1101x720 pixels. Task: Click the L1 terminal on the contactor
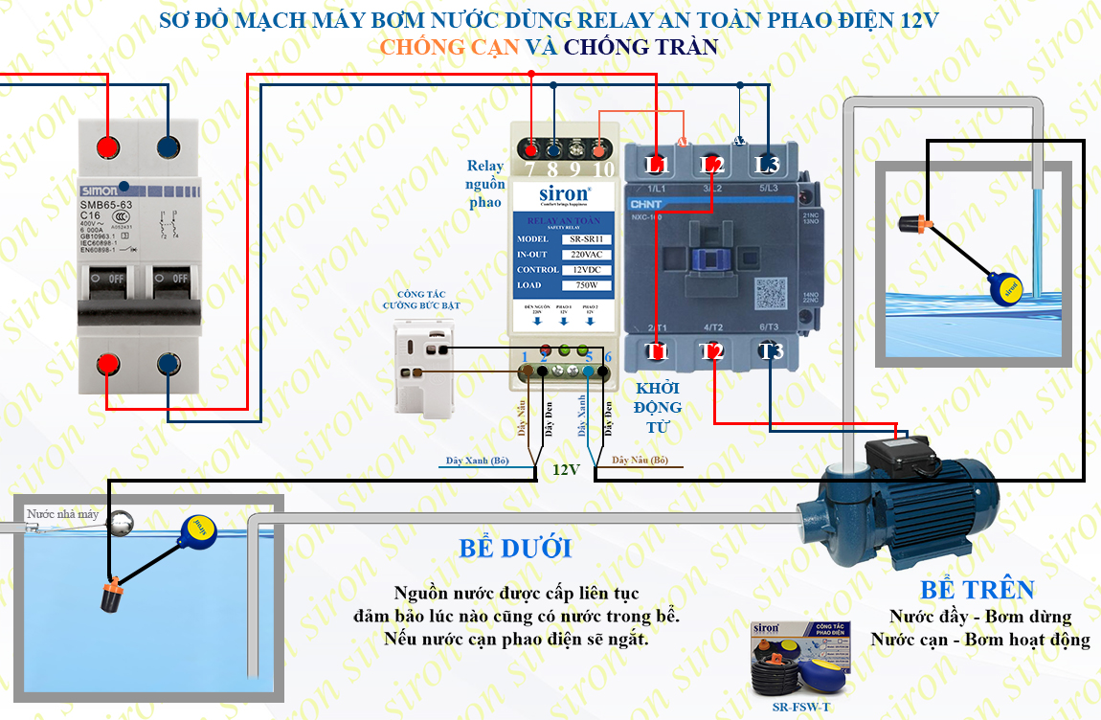click(657, 166)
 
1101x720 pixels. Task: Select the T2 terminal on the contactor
click(711, 351)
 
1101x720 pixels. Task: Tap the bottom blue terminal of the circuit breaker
click(169, 365)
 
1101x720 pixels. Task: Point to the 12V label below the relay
click(565, 470)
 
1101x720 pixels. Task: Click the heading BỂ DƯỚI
click(515, 549)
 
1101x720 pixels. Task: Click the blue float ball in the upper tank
click(1005, 286)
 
